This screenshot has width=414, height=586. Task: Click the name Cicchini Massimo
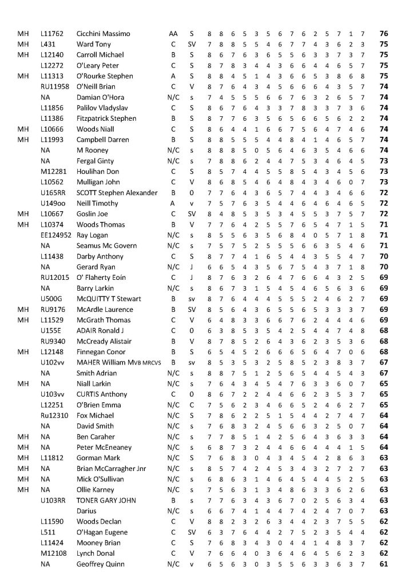pos(103,34)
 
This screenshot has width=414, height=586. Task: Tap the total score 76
pos(384,34)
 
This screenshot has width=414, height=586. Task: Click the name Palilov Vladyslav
pos(102,108)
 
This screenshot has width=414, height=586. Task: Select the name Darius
pos(86,510)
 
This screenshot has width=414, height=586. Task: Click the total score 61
pos(384,564)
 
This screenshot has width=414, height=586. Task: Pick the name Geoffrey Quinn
pos(101,564)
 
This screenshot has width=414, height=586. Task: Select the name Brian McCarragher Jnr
pos(111,468)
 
